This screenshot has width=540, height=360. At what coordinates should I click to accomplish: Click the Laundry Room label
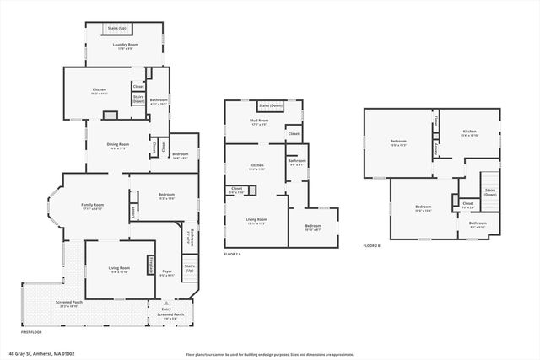click(127, 45)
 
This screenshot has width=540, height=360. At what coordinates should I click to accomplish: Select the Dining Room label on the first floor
click(117, 145)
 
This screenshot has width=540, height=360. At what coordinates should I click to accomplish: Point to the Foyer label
click(167, 271)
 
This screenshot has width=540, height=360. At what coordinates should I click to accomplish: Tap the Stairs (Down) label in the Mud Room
click(270, 105)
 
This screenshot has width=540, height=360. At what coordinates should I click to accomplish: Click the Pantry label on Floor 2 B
click(435, 148)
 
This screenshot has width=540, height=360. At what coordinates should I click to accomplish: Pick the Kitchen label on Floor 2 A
click(256, 165)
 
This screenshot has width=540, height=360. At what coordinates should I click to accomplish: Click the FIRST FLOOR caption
click(31, 333)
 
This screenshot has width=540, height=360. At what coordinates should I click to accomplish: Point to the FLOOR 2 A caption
click(234, 254)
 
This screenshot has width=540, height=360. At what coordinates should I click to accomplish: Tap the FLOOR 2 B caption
click(372, 245)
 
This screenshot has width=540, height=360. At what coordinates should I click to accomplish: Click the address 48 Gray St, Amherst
click(42, 353)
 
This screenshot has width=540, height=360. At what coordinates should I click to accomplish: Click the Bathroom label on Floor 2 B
click(478, 223)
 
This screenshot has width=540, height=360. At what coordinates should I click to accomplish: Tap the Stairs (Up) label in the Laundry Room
click(116, 28)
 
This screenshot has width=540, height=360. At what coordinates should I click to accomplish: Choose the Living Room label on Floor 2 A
click(256, 221)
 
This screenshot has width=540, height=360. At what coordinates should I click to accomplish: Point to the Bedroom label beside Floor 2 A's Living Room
click(312, 226)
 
